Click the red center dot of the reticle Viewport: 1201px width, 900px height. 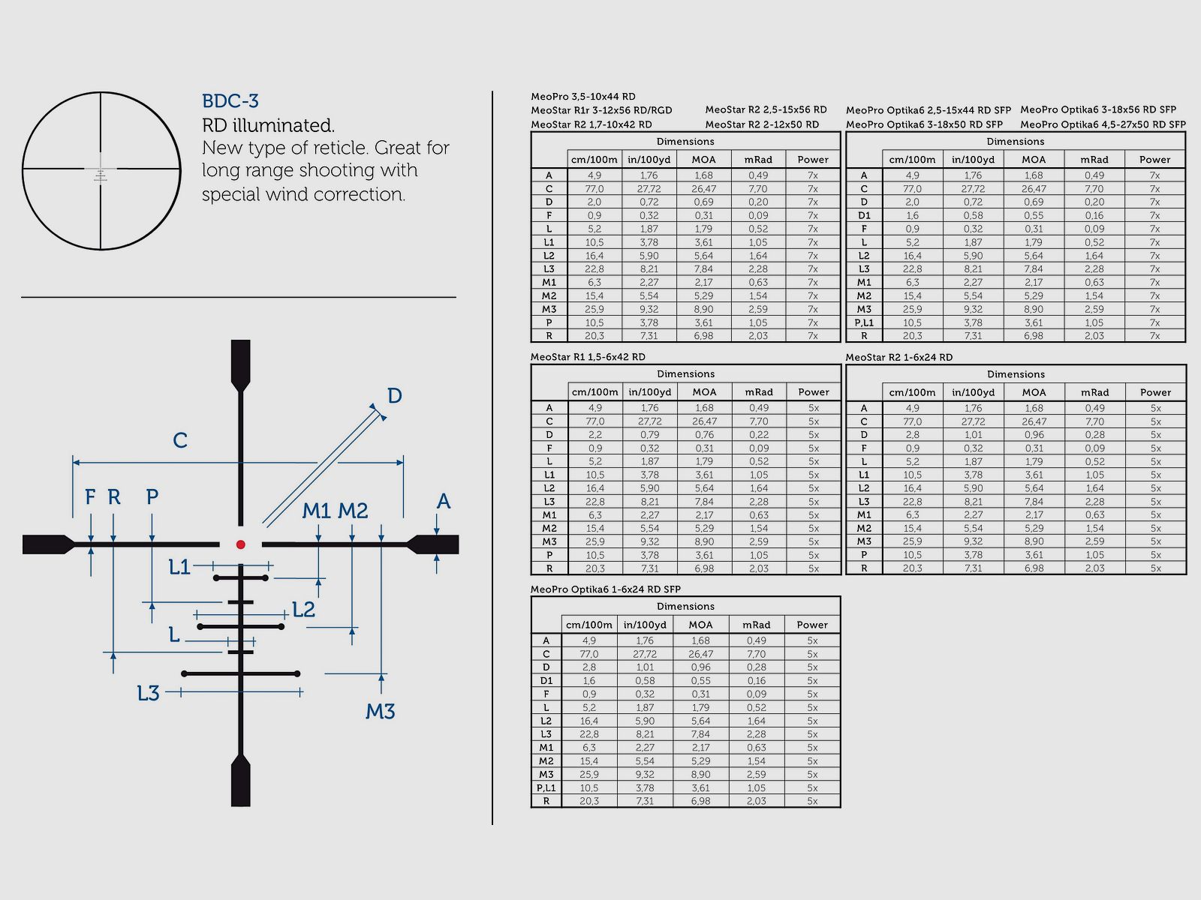point(240,544)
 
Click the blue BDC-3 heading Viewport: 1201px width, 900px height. point(230,101)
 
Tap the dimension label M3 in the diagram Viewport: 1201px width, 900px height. point(380,711)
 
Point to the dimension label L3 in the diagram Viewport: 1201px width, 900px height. point(148,694)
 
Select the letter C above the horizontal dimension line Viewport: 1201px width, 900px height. point(180,440)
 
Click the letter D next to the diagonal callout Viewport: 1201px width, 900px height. point(394,396)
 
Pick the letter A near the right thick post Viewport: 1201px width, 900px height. point(444,501)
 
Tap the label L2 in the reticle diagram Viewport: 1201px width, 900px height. point(303,610)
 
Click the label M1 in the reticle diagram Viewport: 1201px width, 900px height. point(316,511)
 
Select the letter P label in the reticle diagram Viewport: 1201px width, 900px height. point(152,496)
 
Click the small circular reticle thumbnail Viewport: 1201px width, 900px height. point(101,171)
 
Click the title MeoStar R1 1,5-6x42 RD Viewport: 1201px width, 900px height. point(588,357)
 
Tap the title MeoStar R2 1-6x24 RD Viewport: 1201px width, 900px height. point(898,357)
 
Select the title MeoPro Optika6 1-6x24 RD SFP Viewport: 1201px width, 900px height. point(606,589)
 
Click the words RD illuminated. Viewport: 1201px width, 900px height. point(268,125)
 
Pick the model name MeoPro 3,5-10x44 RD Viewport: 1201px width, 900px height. point(583,97)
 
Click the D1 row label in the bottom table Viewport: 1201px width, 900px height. point(546,681)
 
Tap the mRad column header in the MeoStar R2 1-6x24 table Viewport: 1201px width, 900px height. point(1094,392)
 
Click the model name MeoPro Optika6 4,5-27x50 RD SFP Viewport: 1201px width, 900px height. point(1103,124)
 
